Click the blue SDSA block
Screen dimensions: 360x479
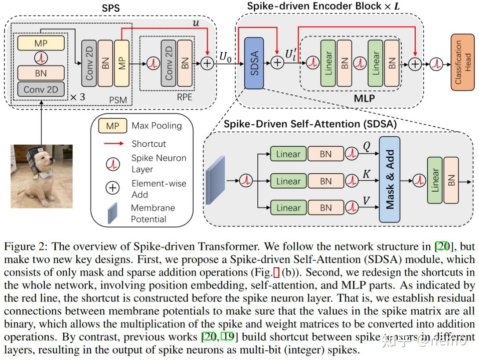pyautogui.click(x=254, y=63)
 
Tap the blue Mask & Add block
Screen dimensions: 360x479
pyautogui.click(x=389, y=179)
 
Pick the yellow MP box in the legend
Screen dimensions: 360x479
pyautogui.click(x=113, y=126)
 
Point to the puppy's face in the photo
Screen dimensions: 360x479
pyautogui.click(x=42, y=167)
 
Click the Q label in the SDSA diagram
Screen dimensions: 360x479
pyautogui.click(x=366, y=146)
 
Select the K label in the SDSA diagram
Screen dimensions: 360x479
pyautogui.click(x=366, y=174)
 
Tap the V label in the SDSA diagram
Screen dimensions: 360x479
pyautogui.click(x=366, y=200)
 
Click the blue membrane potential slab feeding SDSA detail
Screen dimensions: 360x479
pyautogui.click(x=215, y=180)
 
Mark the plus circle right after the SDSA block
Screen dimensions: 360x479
pyautogui.click(x=277, y=63)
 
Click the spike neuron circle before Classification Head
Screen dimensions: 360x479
pyautogui.click(x=436, y=64)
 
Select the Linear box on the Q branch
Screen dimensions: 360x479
pyautogui.click(x=288, y=154)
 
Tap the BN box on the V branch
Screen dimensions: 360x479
pyautogui.click(x=326, y=207)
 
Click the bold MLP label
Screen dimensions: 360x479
pyautogui.click(x=364, y=98)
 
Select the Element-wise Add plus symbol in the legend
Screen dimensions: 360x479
pyautogui.click(x=113, y=189)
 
